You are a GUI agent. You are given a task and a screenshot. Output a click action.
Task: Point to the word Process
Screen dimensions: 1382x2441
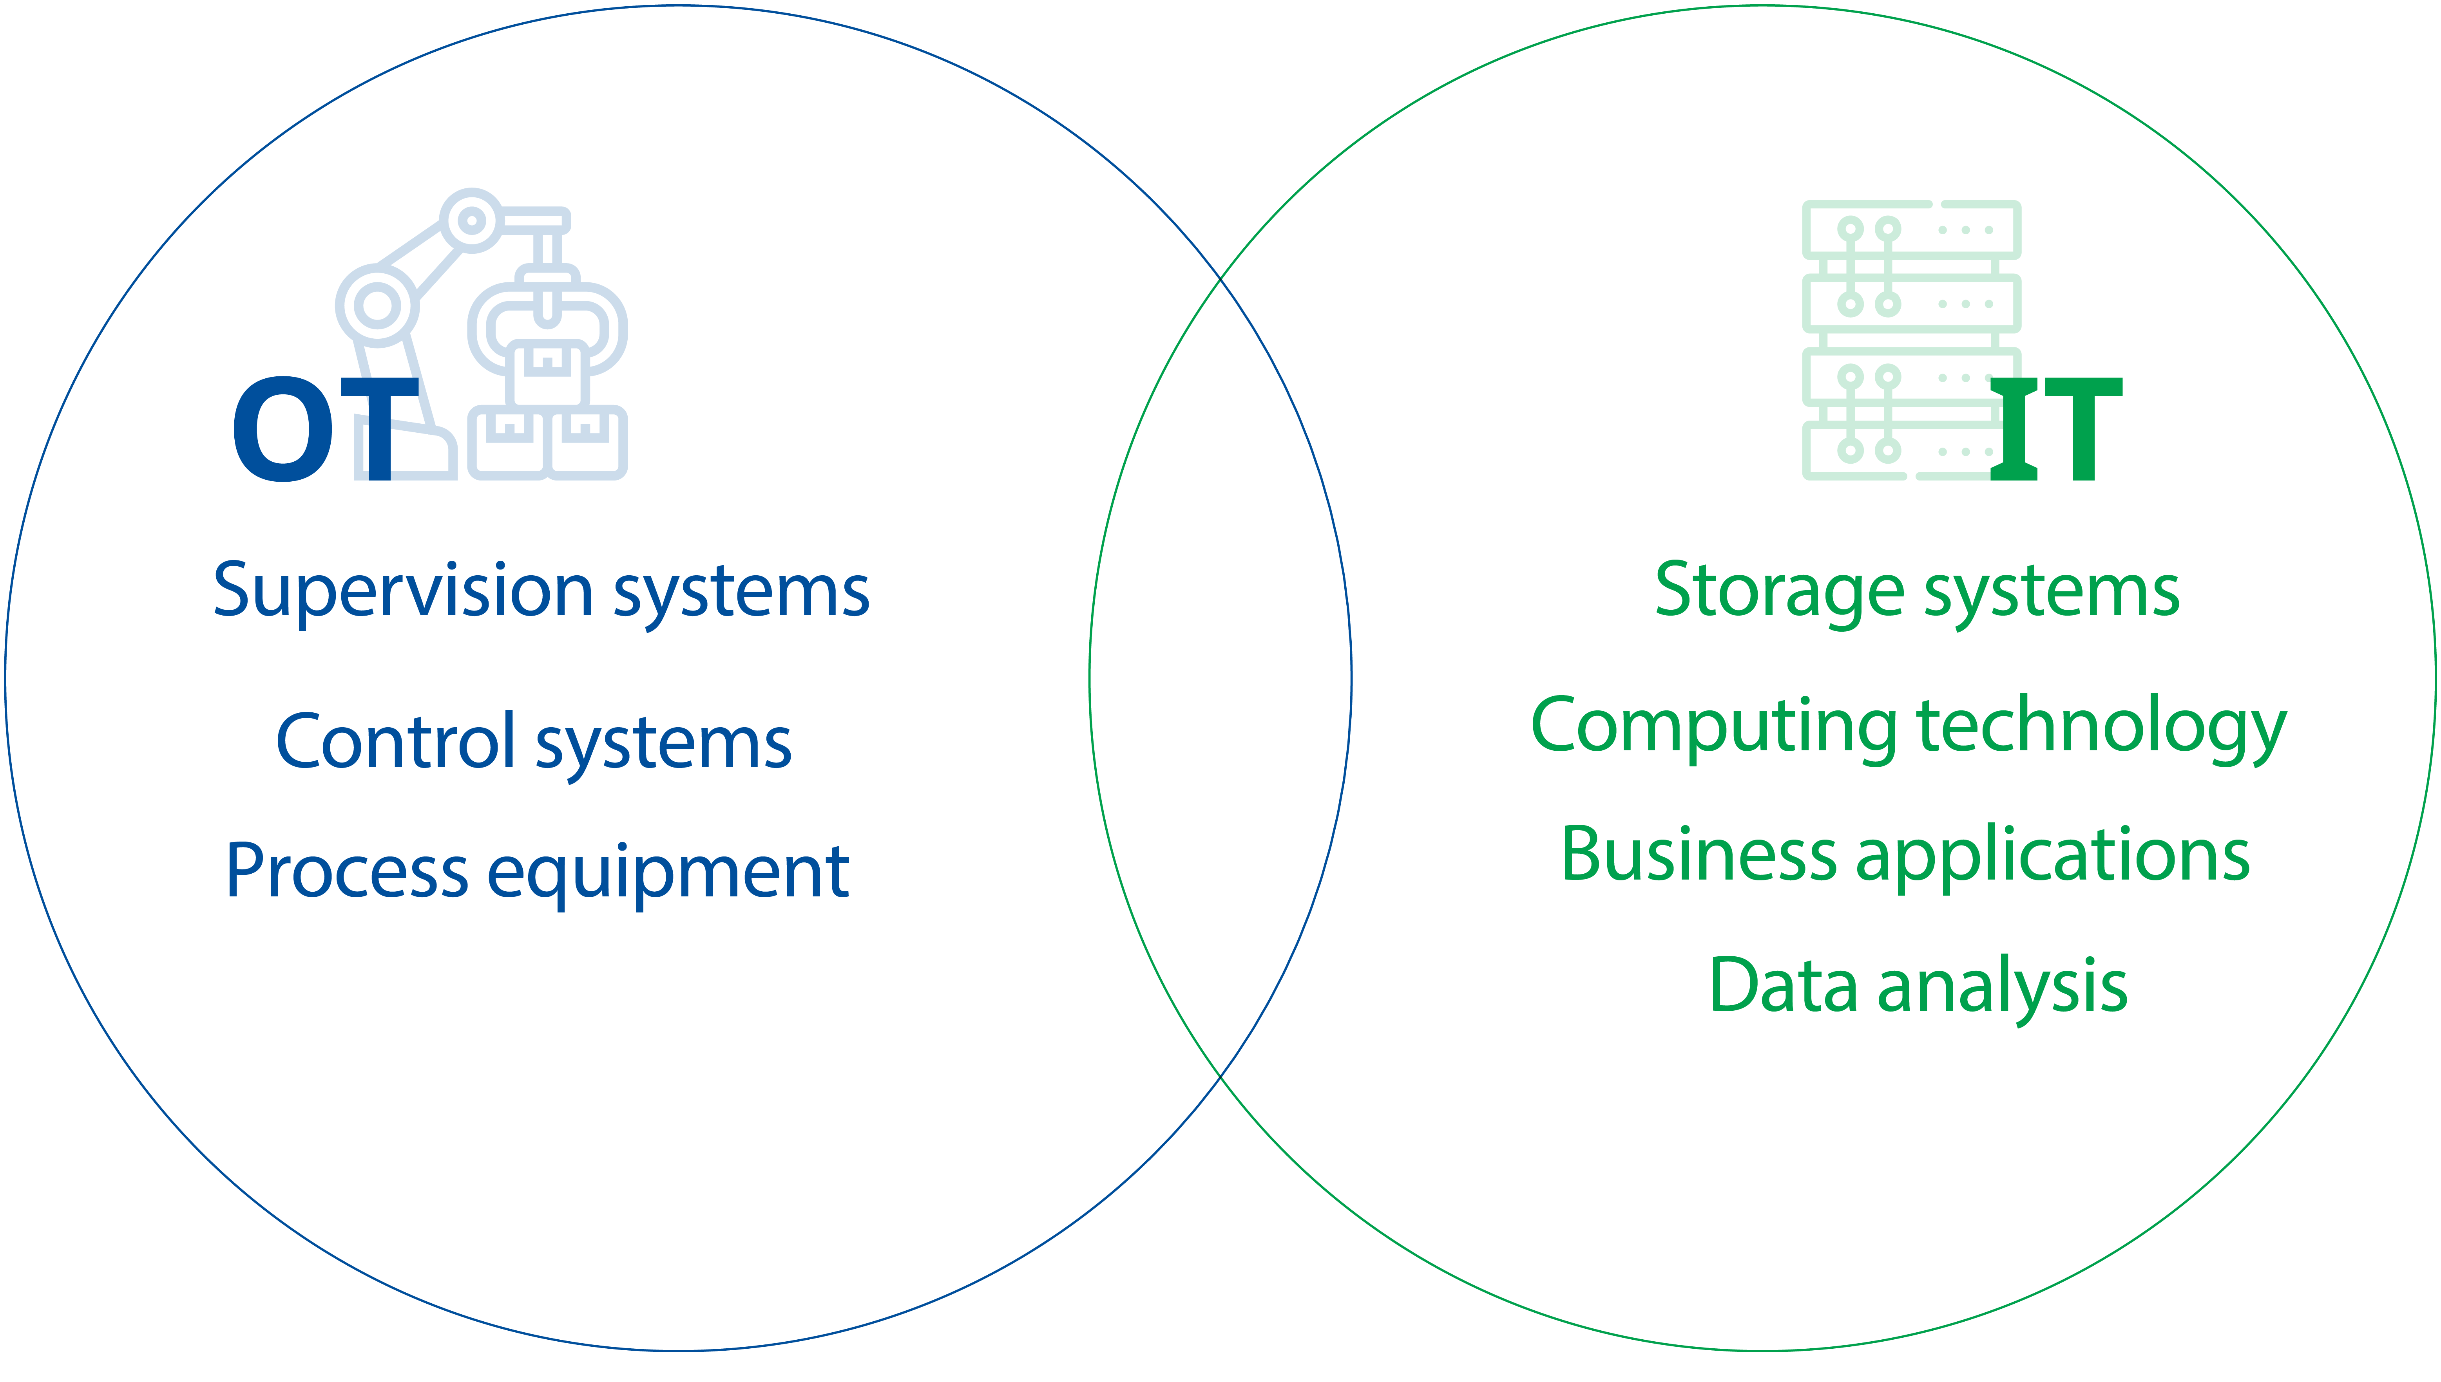346,871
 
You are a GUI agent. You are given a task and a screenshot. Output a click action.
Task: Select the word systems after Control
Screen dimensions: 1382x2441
664,745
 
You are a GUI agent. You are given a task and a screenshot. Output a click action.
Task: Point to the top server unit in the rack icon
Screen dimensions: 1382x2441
1910,230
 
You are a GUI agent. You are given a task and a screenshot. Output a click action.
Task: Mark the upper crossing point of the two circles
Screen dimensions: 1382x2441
1220,279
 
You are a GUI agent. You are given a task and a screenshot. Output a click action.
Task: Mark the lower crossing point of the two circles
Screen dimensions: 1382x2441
1220,1077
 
